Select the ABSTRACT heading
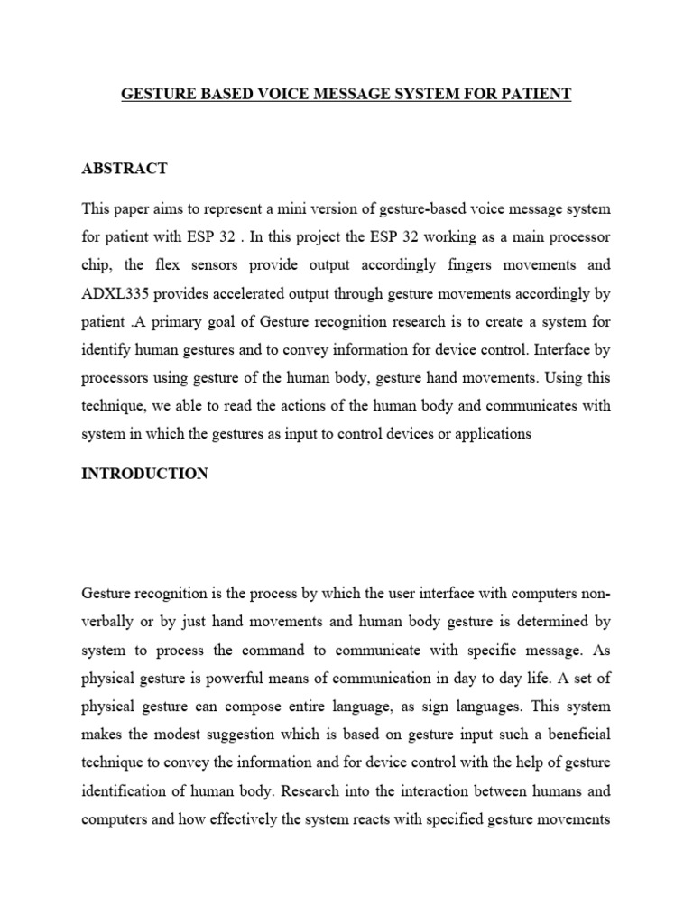click(x=125, y=169)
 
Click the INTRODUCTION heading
click(x=145, y=474)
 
